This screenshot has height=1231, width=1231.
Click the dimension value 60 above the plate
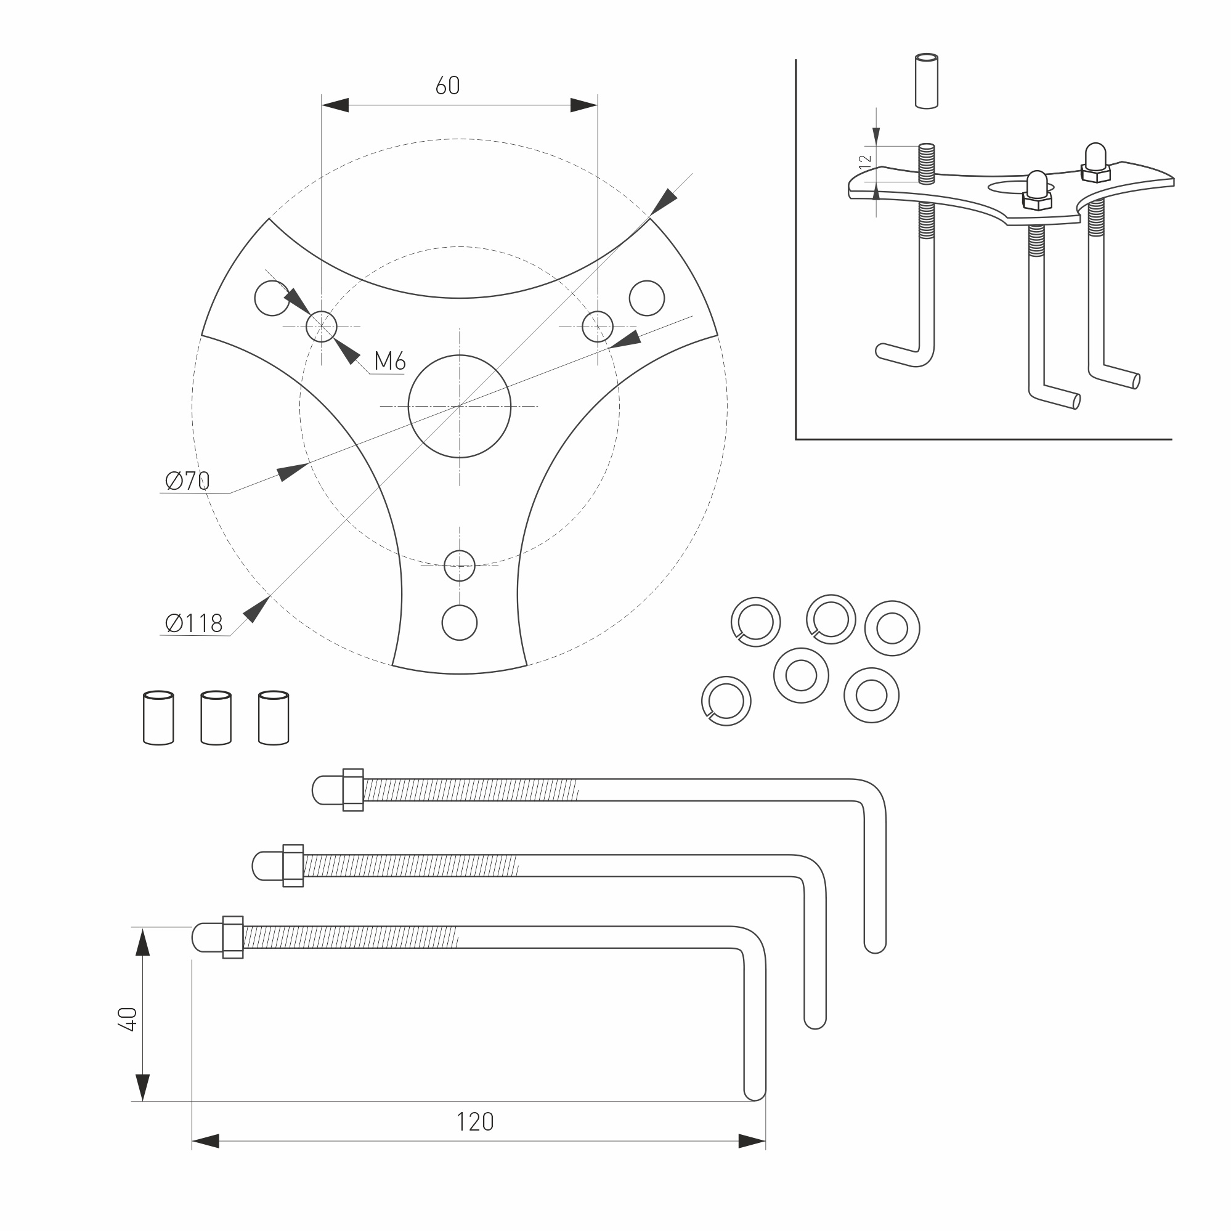[x=447, y=86]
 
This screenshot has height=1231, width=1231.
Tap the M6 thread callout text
[x=389, y=361]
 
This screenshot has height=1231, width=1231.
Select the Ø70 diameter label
[x=187, y=481]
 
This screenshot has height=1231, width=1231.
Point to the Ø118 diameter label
[x=193, y=623]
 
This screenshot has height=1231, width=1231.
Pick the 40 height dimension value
[x=128, y=1019]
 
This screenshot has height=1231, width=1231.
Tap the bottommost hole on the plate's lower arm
[x=460, y=622]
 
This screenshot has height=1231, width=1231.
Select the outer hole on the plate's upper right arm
[x=647, y=298]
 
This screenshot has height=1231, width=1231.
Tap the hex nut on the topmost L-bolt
[x=353, y=790]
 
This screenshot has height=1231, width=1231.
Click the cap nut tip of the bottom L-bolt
[x=203, y=937]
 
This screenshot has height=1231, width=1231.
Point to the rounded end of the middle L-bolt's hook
[x=815, y=1020]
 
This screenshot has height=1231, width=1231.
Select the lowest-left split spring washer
[x=726, y=701]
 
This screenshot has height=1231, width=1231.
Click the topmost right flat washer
[x=892, y=628]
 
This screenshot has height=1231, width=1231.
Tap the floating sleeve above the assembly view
[x=927, y=81]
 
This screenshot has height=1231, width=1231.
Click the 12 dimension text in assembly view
[x=865, y=162]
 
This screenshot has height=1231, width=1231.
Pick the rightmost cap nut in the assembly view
[x=1095, y=156]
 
